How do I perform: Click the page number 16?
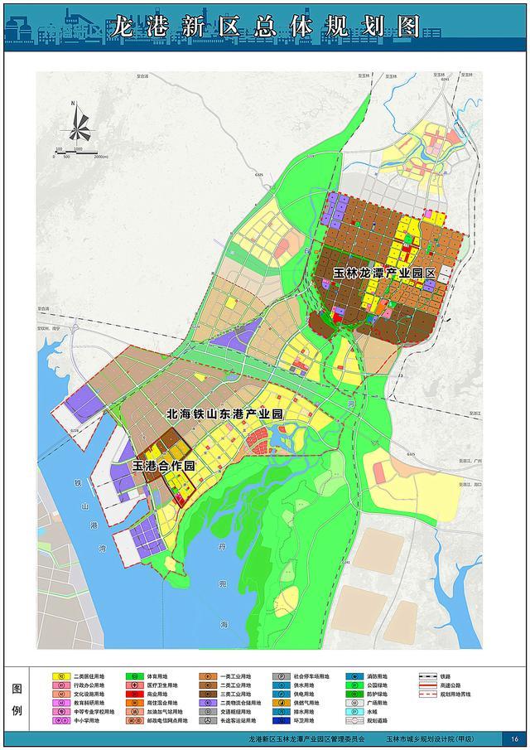click(x=514, y=739)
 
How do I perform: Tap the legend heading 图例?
click(x=16, y=699)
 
